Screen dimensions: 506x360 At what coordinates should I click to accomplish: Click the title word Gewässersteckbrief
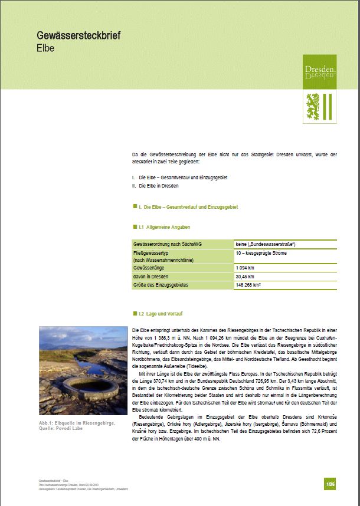click(78, 36)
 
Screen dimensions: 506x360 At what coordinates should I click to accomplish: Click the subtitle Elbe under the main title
click(45, 48)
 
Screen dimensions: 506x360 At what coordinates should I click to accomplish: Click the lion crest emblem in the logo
click(313, 106)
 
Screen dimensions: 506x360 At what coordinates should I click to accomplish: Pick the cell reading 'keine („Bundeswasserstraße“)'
click(265, 244)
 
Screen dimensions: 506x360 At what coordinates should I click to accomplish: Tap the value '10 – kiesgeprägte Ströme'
click(262, 252)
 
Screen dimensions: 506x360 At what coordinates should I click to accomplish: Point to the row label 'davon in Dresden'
click(151, 277)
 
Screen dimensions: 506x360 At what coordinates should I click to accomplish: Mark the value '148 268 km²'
click(248, 285)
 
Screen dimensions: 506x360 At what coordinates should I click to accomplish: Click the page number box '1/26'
click(330, 484)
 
